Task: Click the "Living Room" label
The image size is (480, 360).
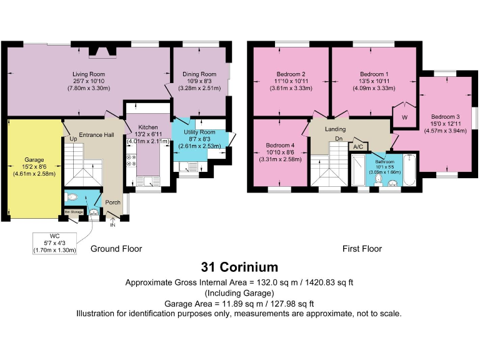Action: click(88, 74)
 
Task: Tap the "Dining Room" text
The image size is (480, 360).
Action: click(200, 74)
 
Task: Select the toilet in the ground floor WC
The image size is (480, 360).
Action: click(71, 196)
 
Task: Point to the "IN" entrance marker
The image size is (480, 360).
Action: click(112, 225)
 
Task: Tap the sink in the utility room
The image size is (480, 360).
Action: click(186, 166)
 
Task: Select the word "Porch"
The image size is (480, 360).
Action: click(112, 202)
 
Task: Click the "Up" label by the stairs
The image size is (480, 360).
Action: click(73, 138)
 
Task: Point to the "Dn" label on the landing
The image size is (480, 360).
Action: click(339, 139)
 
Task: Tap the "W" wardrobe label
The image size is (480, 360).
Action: click(404, 117)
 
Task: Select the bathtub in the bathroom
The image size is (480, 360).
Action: click(409, 171)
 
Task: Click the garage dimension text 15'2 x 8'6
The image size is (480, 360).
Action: click(34, 167)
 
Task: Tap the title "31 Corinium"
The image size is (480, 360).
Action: click(239, 267)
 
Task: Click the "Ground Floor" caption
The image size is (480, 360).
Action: click(116, 249)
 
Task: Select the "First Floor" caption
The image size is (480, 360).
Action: click(362, 249)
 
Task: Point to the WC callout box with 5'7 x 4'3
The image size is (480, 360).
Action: click(54, 242)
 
